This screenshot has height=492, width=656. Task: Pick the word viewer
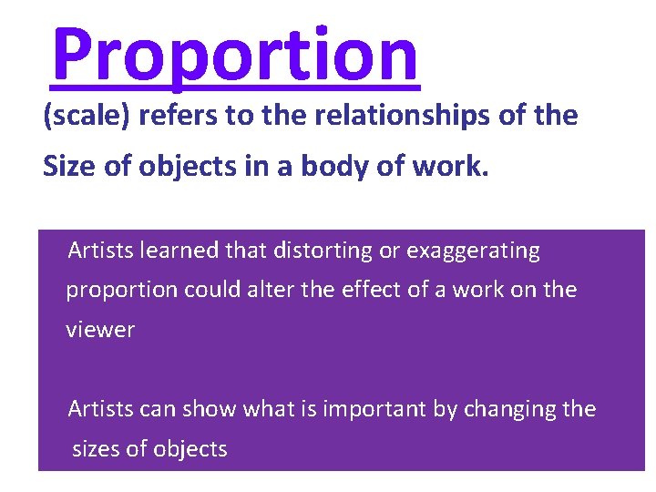[x=100, y=330]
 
